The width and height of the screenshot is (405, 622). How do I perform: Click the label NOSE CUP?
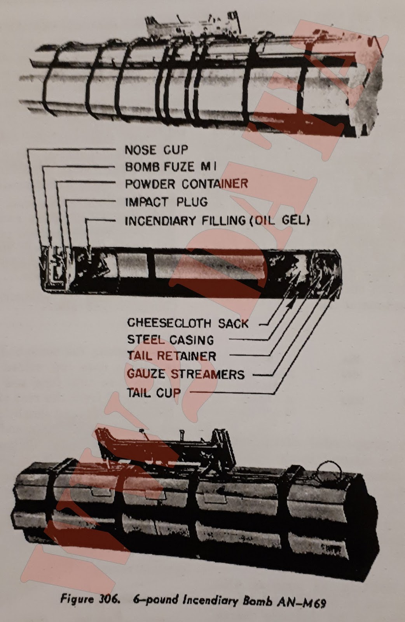click(x=156, y=150)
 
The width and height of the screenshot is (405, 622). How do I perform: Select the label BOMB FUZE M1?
click(x=170, y=167)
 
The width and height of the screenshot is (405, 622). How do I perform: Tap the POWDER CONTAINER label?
click(x=186, y=183)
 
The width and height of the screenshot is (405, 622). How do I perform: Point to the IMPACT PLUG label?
click(x=166, y=202)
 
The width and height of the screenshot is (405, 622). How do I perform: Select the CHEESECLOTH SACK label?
click(x=188, y=323)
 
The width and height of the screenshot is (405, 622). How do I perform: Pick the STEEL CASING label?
click(x=170, y=340)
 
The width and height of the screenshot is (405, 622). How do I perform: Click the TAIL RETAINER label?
click(x=171, y=356)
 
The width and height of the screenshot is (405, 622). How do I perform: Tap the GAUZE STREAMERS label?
click(x=186, y=374)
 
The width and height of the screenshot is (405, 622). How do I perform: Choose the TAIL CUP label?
click(x=154, y=393)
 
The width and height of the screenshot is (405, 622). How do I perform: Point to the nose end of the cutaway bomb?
click(x=47, y=269)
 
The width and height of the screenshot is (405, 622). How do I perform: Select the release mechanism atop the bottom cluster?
click(x=163, y=447)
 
